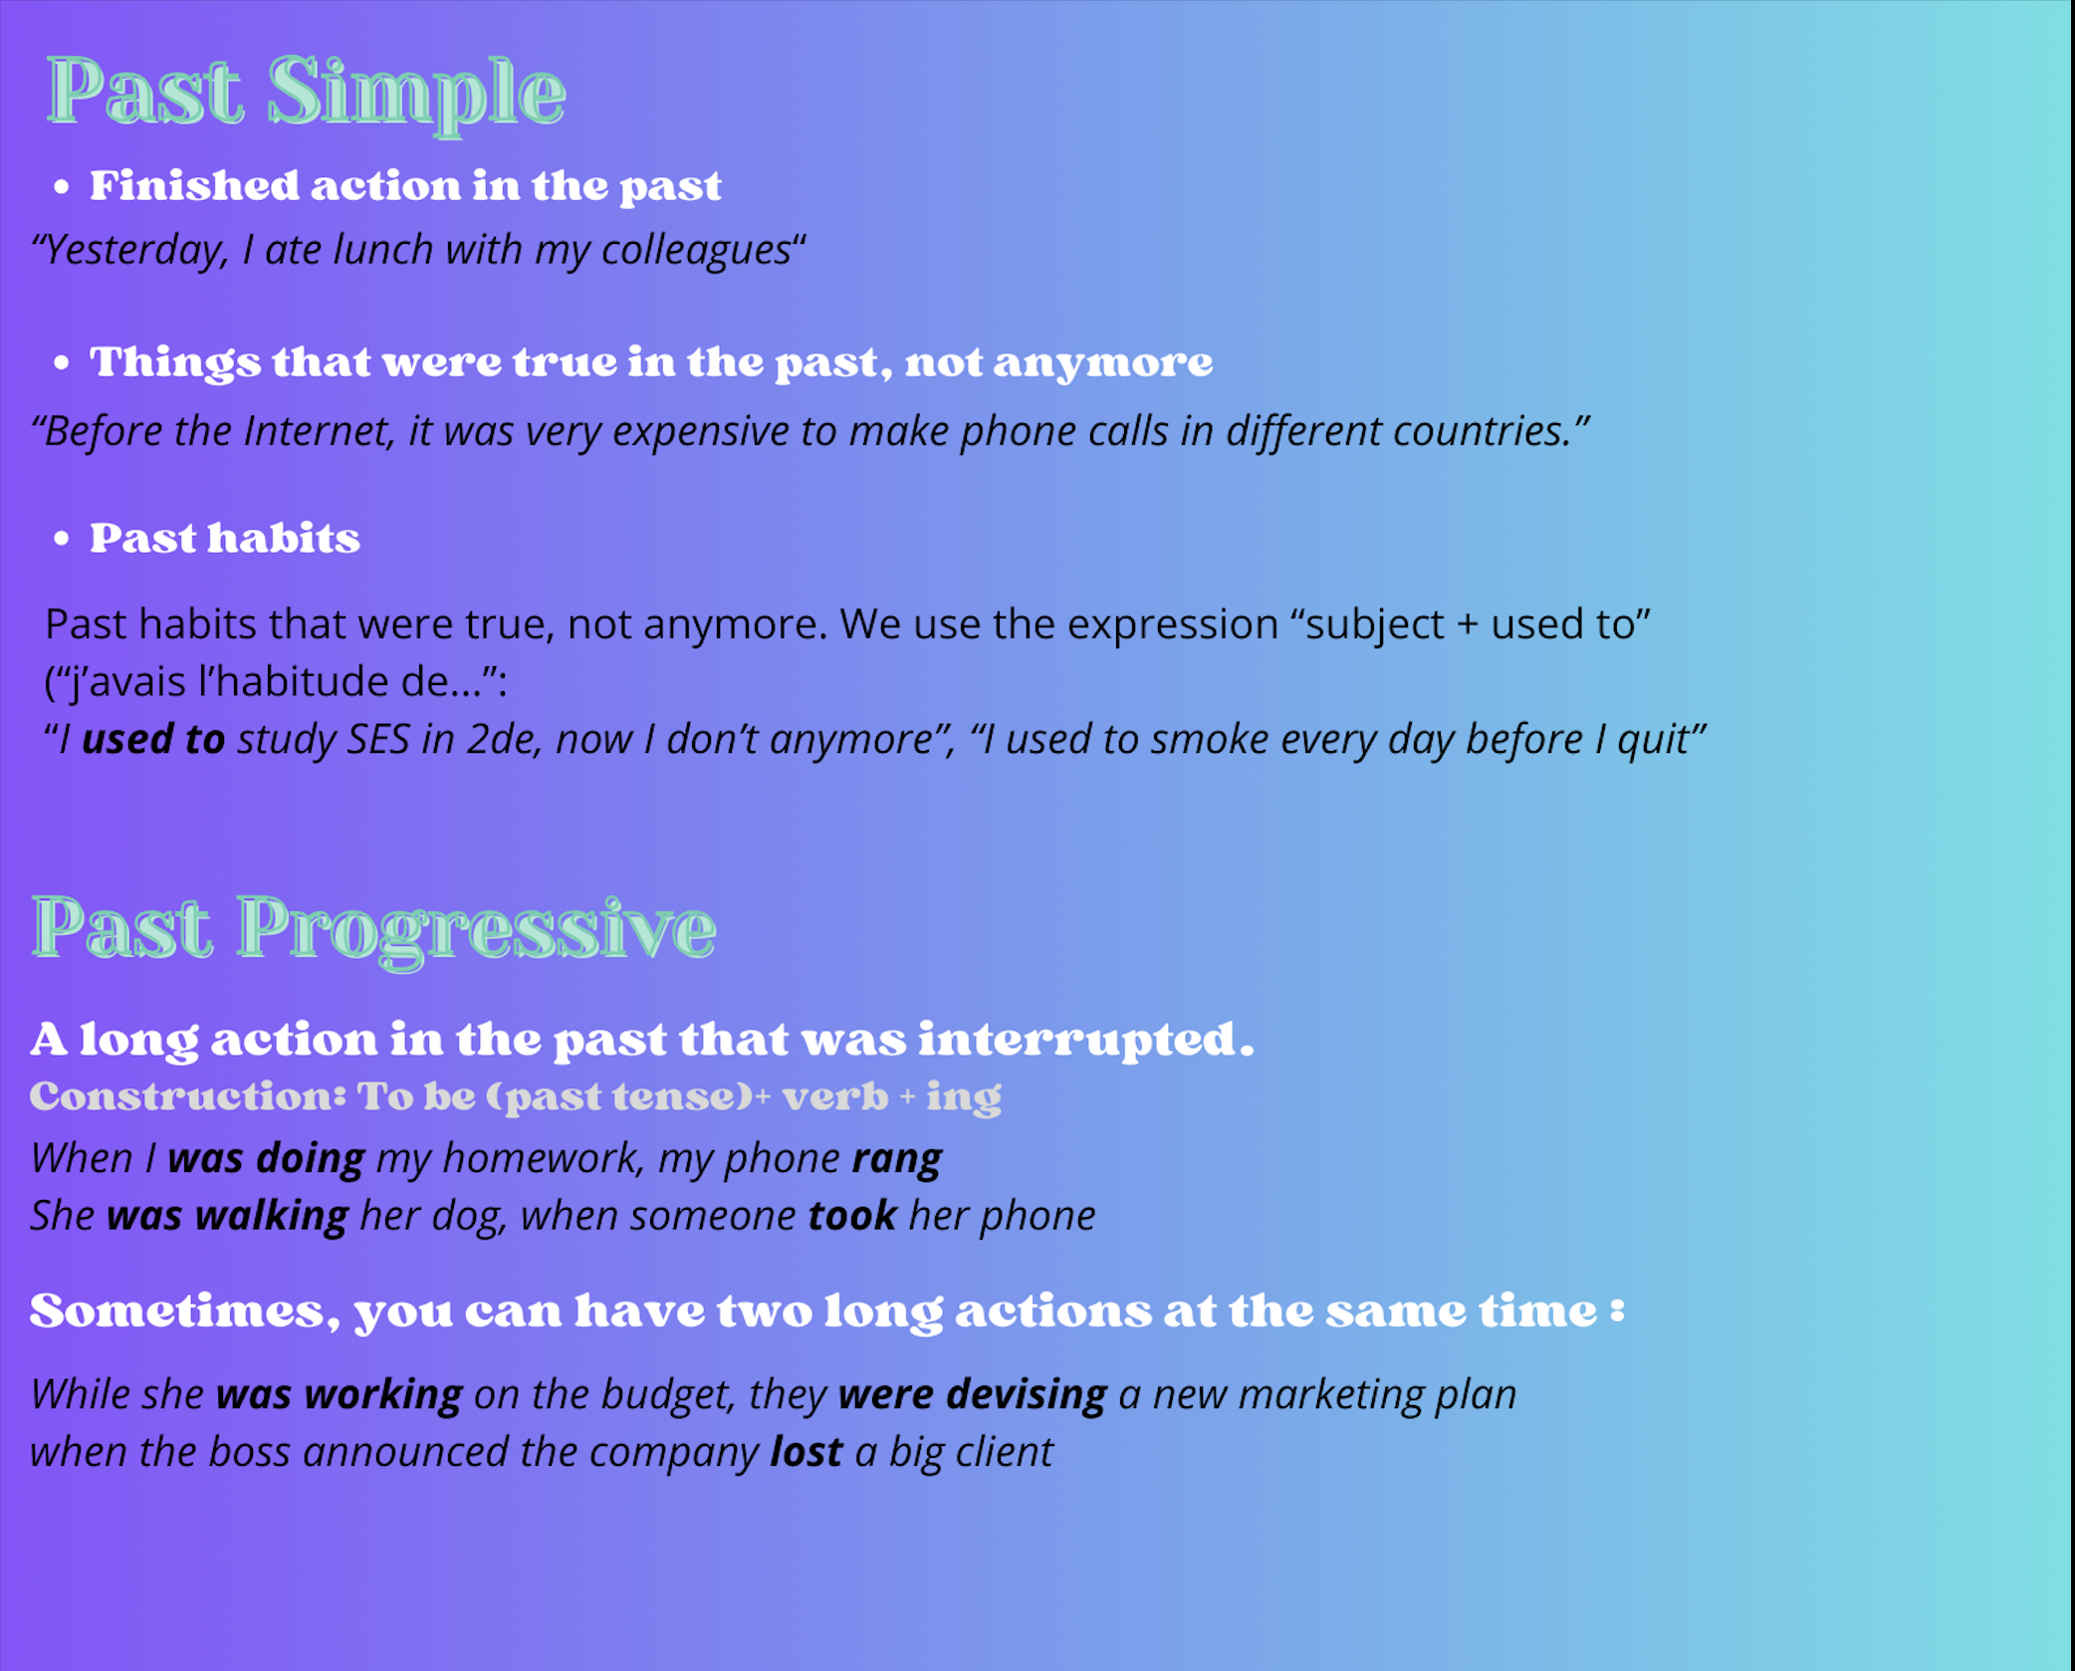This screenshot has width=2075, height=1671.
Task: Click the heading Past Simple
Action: (307, 93)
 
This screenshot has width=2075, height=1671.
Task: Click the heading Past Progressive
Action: (373, 929)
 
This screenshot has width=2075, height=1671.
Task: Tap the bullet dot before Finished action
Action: (62, 186)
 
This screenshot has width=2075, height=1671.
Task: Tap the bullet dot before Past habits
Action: (62, 539)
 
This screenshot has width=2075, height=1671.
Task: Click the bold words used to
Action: (153, 739)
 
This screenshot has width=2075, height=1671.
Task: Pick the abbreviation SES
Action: (378, 739)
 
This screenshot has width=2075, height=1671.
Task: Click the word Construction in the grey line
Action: (187, 1096)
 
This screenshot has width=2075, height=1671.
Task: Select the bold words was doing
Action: (266, 1159)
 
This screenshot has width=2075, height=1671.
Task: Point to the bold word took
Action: (852, 1216)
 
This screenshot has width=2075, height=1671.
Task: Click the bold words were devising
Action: (973, 1395)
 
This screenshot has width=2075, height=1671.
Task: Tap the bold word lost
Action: (807, 1452)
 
